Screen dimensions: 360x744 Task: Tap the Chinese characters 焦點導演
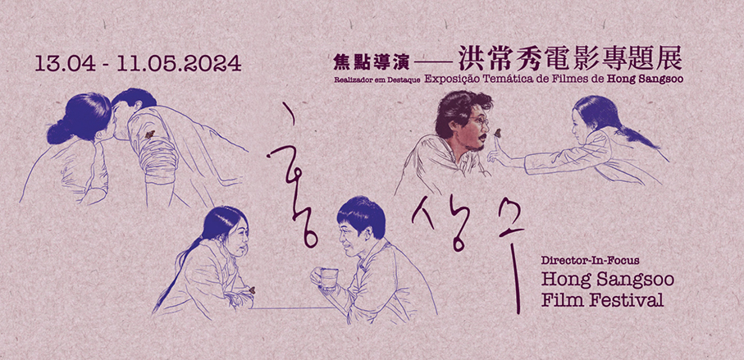[358, 61]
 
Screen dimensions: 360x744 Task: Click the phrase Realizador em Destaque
[377, 80]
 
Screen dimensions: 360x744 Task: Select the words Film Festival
[603, 300]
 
